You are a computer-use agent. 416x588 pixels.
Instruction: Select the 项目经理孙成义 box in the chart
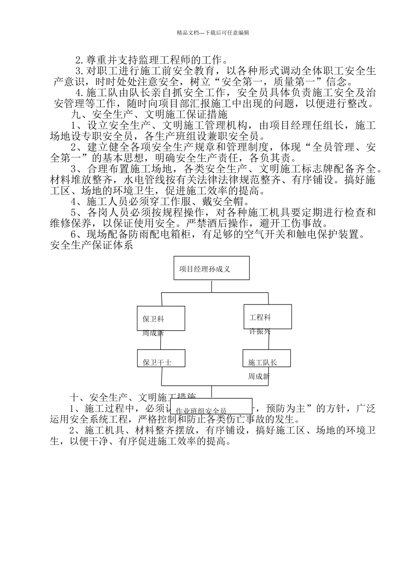tap(211, 268)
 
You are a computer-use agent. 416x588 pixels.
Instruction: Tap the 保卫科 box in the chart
tap(161, 318)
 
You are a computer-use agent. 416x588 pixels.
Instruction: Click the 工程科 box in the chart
tap(267, 316)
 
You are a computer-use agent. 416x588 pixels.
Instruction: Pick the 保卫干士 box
tap(161, 358)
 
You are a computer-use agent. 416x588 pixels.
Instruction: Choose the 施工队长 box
tap(267, 358)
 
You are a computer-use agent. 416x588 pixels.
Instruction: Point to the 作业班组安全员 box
tap(211, 406)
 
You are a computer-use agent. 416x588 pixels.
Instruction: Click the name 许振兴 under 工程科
tap(260, 332)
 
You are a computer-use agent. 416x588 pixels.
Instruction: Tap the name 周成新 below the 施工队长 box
tap(259, 376)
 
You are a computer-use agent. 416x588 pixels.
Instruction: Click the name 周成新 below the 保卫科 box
tap(153, 333)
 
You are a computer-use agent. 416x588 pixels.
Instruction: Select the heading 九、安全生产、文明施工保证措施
tap(149, 115)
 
